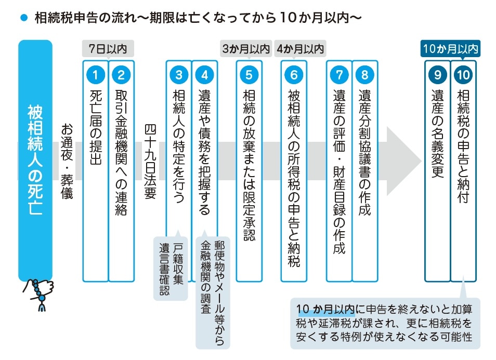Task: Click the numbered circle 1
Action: point(95,75)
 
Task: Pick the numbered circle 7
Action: point(339,75)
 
